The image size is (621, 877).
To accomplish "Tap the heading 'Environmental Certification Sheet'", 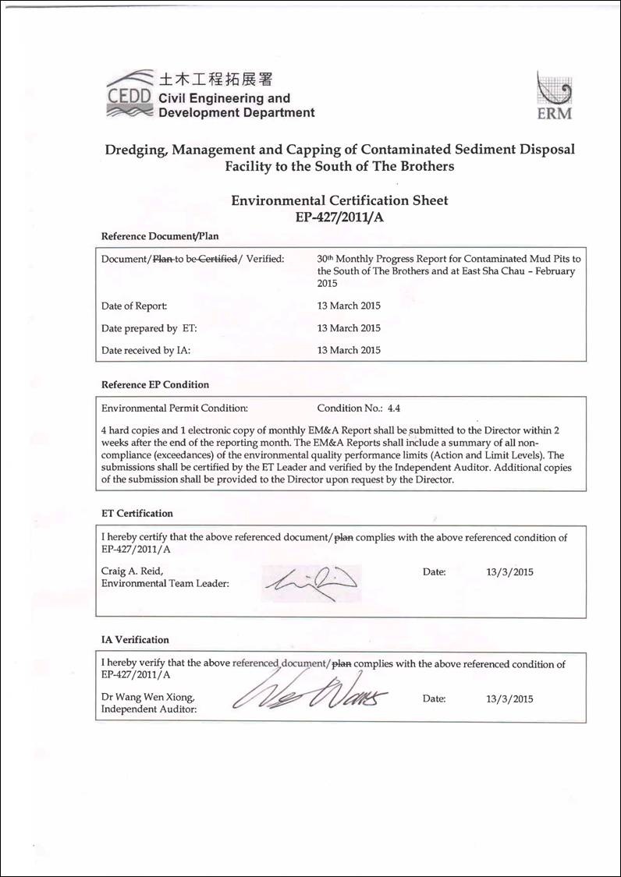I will click(339, 200).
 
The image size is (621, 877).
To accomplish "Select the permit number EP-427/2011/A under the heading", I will click(339, 217).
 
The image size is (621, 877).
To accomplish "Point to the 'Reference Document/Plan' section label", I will click(160, 236).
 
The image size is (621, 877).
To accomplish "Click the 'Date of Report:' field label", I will click(134, 306).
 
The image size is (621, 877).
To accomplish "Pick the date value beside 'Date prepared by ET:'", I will click(349, 328).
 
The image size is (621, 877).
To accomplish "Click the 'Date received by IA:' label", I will click(146, 350).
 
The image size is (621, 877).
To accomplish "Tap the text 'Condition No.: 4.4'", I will click(358, 408).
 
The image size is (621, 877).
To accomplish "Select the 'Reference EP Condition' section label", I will click(155, 384).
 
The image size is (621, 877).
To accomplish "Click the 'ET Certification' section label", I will click(137, 514).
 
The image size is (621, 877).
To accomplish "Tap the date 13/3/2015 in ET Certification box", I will click(509, 571).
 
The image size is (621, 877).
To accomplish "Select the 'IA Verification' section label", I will click(135, 640).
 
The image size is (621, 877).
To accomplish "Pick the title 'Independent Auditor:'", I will click(149, 709).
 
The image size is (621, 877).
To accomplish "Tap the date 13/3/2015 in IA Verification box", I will click(509, 698).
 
